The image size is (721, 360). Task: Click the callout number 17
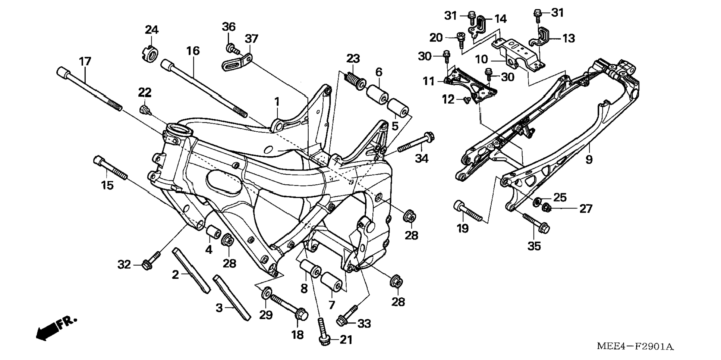point(85,62)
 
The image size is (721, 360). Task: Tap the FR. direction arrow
point(56,328)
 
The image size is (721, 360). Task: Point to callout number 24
point(152,29)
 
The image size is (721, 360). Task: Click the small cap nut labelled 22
point(145,110)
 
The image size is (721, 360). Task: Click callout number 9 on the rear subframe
point(589,160)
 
